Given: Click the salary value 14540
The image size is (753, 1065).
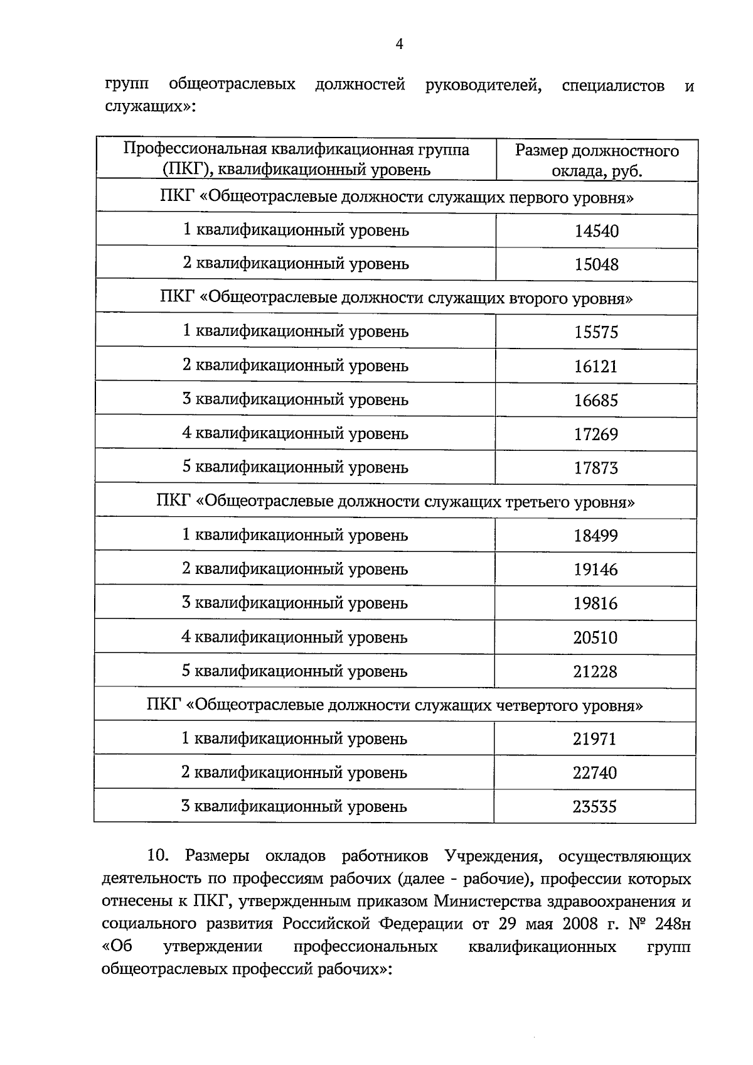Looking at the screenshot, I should click(596, 231).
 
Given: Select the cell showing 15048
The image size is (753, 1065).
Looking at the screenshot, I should click(596, 264).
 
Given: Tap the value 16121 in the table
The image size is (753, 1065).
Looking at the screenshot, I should click(596, 366).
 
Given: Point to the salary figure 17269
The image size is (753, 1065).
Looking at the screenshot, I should click(596, 434).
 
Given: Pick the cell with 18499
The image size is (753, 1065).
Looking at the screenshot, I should click(595, 536).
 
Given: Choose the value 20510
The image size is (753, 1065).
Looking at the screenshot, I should click(595, 638).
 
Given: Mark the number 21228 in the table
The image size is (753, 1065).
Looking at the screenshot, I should click(595, 672).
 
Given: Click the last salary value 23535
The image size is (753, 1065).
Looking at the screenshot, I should click(595, 806).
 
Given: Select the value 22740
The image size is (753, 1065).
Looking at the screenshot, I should click(595, 773).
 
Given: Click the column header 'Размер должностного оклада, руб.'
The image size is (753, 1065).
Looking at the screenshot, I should click(597, 161).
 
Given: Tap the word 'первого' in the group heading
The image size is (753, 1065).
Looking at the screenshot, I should click(539, 198).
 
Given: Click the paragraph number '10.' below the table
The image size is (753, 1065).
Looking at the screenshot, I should click(158, 857).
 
